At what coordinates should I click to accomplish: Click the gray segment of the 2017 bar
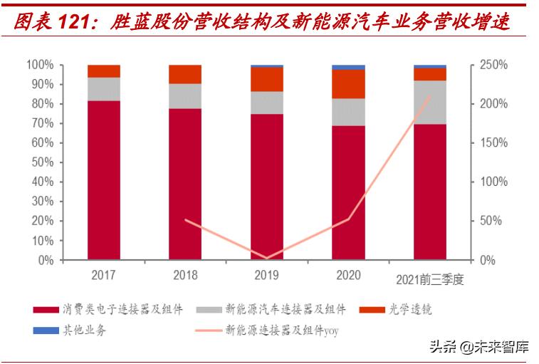104,89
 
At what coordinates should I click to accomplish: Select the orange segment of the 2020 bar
348,84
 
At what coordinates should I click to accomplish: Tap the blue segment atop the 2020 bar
348,67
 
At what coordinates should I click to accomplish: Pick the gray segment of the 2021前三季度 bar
430,102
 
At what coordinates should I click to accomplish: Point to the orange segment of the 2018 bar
185,74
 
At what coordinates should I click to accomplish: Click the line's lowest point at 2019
267,258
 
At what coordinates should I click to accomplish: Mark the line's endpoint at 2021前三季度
430,95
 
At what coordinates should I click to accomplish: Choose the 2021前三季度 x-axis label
429,279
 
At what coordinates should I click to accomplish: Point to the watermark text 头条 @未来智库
478,348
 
